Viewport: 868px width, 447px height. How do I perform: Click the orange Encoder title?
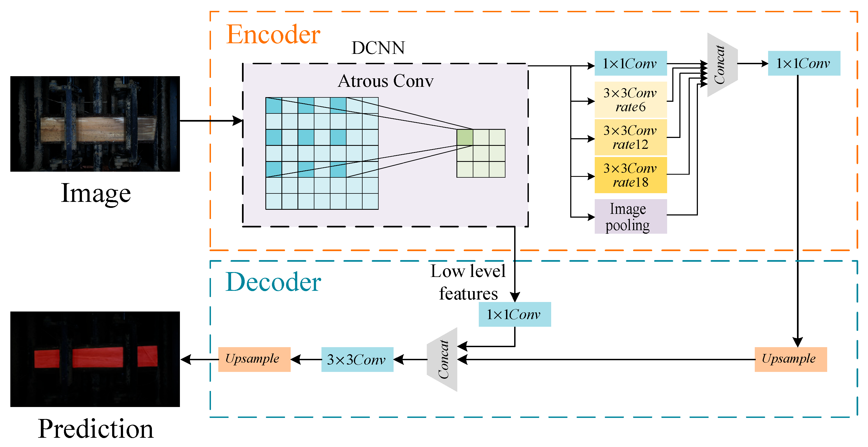click(x=273, y=35)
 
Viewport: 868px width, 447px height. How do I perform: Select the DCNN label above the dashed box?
click(x=378, y=48)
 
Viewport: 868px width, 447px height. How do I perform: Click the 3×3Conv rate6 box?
click(x=630, y=100)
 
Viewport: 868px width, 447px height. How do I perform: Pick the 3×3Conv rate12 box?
click(x=630, y=137)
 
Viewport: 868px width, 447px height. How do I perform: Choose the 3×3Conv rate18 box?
click(x=630, y=175)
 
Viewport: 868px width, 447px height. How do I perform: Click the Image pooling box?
click(x=630, y=217)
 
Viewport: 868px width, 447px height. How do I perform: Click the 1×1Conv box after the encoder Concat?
click(x=804, y=63)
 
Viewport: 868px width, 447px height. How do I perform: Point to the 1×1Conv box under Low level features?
click(x=514, y=314)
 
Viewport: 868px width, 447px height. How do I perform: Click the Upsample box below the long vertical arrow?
click(x=790, y=359)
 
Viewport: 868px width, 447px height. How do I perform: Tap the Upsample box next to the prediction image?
click(x=254, y=359)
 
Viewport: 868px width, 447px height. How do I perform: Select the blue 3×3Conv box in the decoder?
click(x=357, y=359)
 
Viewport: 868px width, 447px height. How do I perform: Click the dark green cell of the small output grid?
click(x=465, y=137)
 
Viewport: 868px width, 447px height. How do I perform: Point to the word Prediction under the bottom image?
click(x=96, y=429)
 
